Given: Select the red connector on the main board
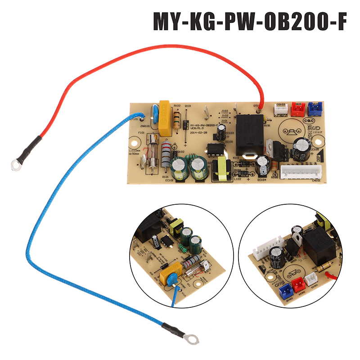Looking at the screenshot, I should coord(297,108).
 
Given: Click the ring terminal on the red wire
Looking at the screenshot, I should coord(16,166).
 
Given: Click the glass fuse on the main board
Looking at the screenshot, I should coord(155,153).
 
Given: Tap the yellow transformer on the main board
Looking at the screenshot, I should coord(222,167).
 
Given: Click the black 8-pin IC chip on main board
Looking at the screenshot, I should coord(211,149).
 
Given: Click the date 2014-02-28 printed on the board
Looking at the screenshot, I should coord(200,134).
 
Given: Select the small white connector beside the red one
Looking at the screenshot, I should coord(280,108).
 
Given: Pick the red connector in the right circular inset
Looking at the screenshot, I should coord(297,284).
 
